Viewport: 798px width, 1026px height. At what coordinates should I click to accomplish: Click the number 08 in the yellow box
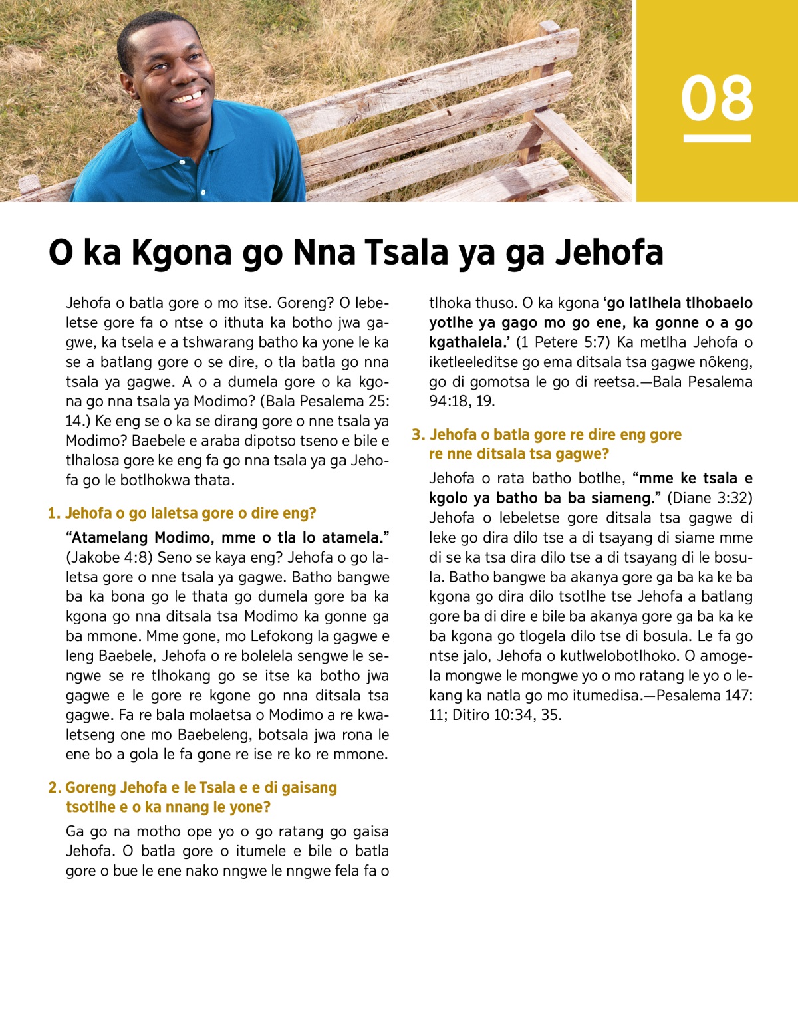click(717, 98)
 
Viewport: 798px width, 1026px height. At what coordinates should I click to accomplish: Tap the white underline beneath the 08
click(717, 138)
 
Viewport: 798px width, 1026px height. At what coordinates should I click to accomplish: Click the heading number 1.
click(53, 513)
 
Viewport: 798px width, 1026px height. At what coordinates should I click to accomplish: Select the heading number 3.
click(418, 435)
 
